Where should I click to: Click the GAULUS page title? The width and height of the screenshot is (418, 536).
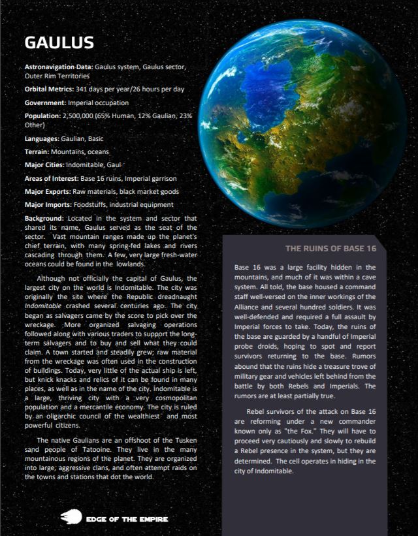coord(59,43)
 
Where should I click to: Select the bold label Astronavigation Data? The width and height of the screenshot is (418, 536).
coord(59,67)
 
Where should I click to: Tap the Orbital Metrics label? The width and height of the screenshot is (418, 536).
coord(51,88)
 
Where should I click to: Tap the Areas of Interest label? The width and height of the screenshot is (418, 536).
coord(51,178)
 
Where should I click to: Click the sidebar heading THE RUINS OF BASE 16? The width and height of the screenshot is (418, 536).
coord(330,249)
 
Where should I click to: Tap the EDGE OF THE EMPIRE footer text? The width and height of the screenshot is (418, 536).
coord(127,519)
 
